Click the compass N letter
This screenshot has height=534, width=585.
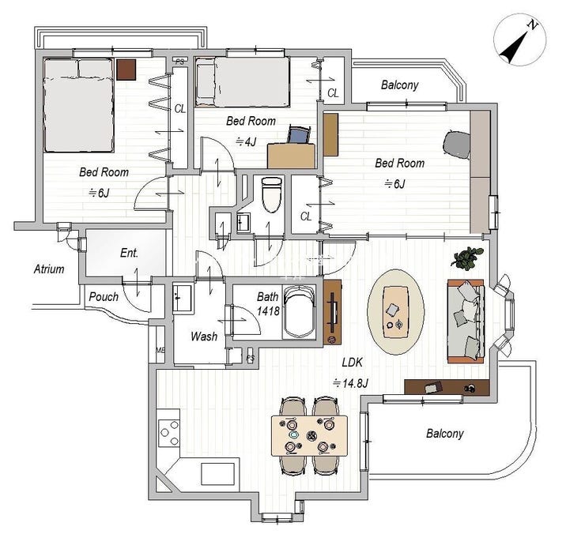point(533,25)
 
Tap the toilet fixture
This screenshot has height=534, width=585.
point(271,194)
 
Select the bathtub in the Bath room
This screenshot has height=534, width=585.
point(298,312)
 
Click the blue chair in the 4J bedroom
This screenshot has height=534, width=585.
point(299,135)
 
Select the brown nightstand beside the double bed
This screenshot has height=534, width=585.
point(126,70)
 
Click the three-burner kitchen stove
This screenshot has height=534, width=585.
point(169,433)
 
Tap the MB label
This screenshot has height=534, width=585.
point(160,350)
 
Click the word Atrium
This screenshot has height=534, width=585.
point(49,269)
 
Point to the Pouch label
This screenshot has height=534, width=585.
point(104,297)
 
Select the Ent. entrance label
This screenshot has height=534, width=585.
point(129,254)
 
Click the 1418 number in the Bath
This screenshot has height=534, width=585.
point(268,310)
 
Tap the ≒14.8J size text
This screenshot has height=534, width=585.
point(351,383)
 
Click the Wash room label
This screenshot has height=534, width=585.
point(204,337)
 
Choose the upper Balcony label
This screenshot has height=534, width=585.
point(399,85)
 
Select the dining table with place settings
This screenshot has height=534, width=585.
point(309,435)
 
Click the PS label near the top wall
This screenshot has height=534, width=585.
point(179,62)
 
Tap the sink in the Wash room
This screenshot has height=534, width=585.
point(183,298)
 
